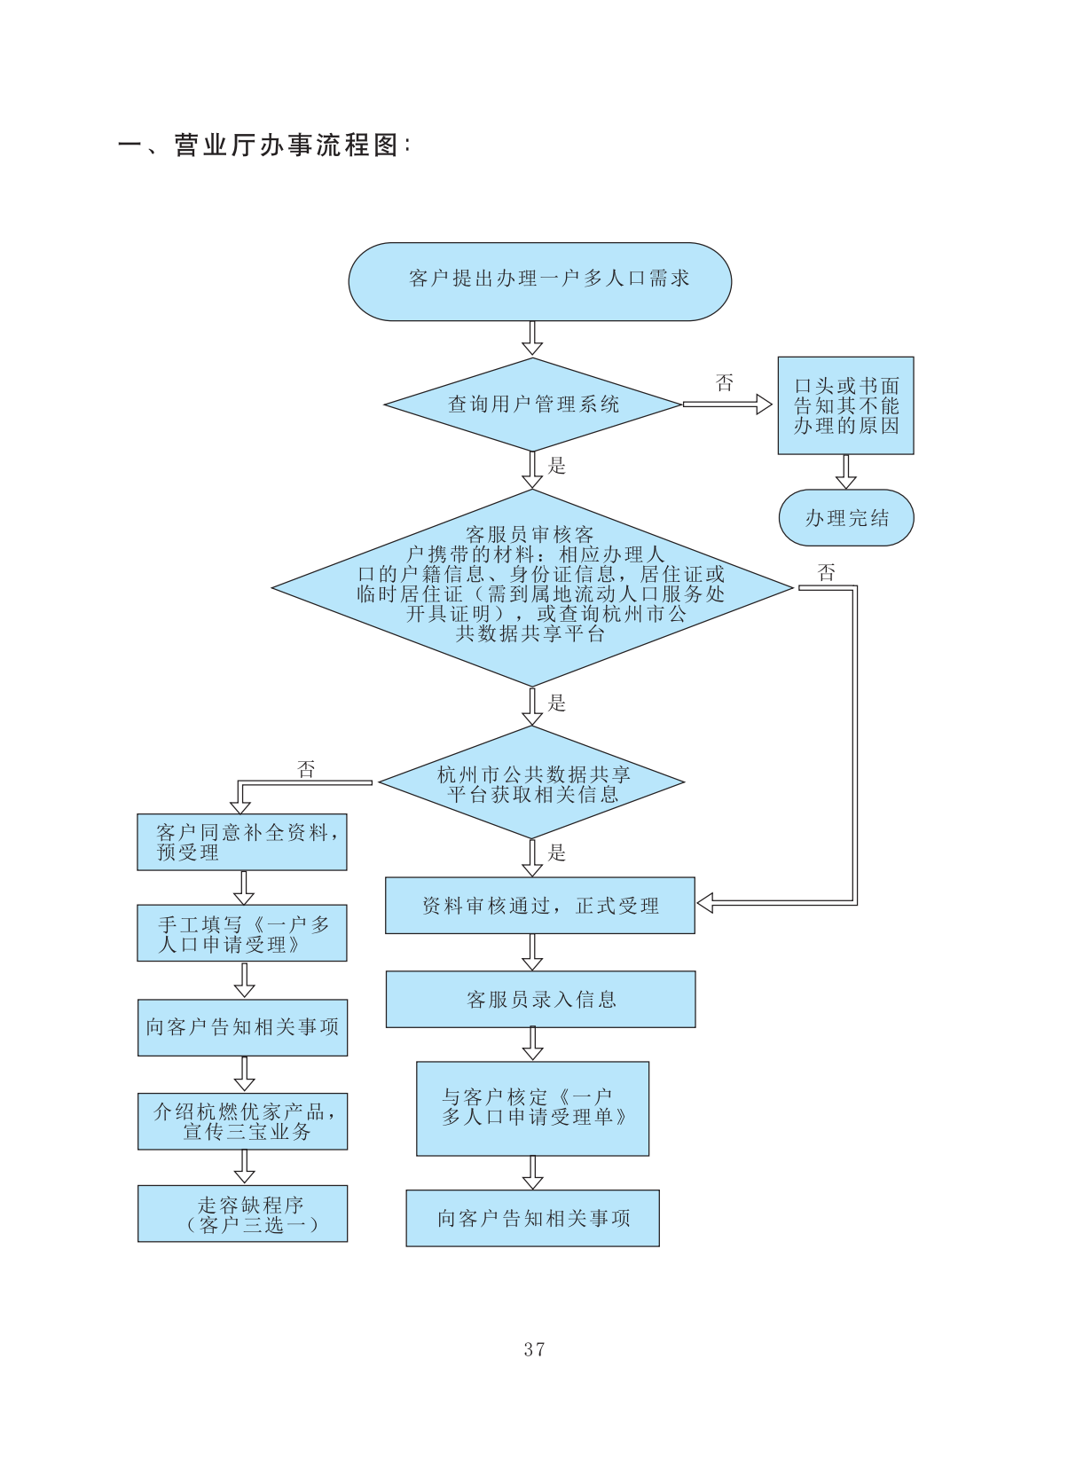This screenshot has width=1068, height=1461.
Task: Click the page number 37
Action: pyautogui.click(x=534, y=1349)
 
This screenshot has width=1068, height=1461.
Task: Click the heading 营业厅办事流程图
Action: pyautogui.click(x=286, y=145)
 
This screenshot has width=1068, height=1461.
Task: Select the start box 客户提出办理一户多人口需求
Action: pyautogui.click(x=539, y=281)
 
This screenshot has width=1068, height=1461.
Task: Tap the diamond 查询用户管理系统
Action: pyautogui.click(x=533, y=405)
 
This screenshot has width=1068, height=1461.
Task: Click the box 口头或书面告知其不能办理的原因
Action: pyautogui.click(x=845, y=405)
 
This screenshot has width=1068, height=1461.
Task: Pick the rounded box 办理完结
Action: pyautogui.click(x=846, y=518)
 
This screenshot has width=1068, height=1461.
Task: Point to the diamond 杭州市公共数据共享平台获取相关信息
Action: pyautogui.click(x=532, y=783)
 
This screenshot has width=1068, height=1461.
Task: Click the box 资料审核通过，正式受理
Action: pyautogui.click(x=539, y=906)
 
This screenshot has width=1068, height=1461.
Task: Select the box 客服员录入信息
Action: pyautogui.click(x=540, y=1000)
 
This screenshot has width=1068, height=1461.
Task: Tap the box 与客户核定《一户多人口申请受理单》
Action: pyautogui.click(x=532, y=1108)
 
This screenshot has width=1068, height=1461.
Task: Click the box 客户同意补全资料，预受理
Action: pyautogui.click(x=241, y=842)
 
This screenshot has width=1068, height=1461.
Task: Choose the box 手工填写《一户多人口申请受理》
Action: pyautogui.click(x=241, y=933)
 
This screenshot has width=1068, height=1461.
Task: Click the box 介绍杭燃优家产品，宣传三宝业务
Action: pyautogui.click(x=242, y=1121)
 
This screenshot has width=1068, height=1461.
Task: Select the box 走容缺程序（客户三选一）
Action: pyautogui.click(x=242, y=1214)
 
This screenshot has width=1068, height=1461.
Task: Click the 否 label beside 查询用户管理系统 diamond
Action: pyautogui.click(x=725, y=382)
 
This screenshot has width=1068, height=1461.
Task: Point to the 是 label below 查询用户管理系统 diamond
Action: pyautogui.click(x=557, y=466)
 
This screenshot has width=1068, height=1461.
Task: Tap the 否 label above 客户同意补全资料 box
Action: pyautogui.click(x=306, y=769)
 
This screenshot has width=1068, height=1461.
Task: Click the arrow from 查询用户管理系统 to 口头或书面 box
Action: pyautogui.click(x=726, y=405)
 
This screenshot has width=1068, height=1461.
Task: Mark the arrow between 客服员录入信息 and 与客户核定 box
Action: pyautogui.click(x=532, y=1043)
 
